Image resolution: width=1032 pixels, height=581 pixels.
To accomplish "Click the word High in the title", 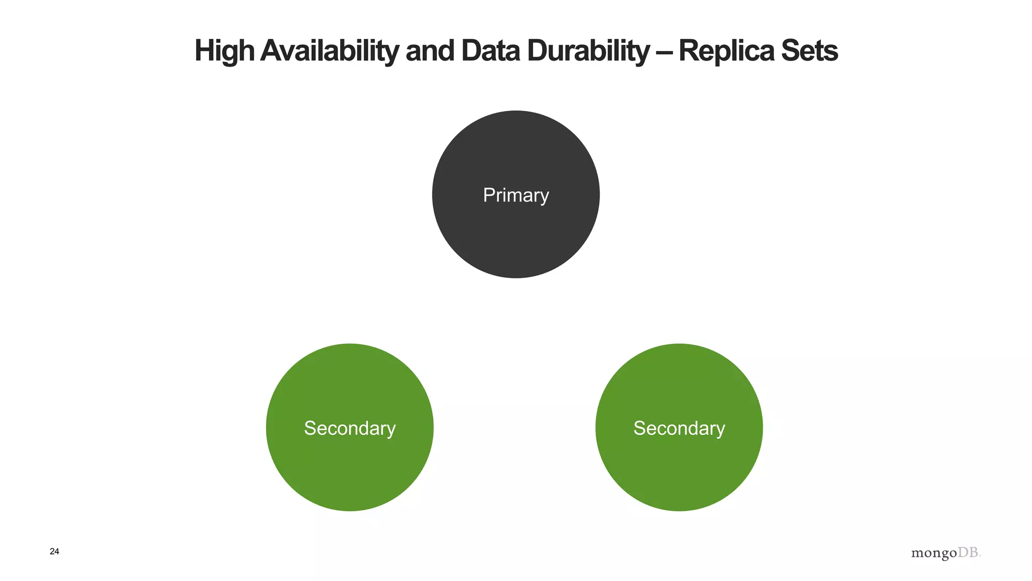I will pyautogui.click(x=224, y=51).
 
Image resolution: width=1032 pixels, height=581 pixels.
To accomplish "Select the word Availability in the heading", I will pyautogui.click(x=330, y=51).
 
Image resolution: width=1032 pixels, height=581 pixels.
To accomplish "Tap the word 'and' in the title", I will pyautogui.click(x=430, y=51).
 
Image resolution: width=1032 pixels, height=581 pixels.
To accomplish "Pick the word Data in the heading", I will pyautogui.click(x=490, y=51).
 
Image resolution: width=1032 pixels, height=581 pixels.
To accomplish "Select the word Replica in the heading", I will pyautogui.click(x=726, y=51).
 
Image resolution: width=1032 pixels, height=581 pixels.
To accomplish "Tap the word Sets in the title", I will pyautogui.click(x=809, y=51).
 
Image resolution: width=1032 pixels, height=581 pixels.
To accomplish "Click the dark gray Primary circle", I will pyautogui.click(x=515, y=237).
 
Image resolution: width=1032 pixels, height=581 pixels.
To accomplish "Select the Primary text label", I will pyautogui.click(x=515, y=195).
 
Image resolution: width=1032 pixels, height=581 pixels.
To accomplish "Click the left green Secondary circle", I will pyautogui.click(x=349, y=469).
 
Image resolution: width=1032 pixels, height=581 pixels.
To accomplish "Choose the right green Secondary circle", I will pyautogui.click(x=679, y=469).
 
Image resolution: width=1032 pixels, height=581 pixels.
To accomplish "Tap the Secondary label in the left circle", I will pyautogui.click(x=349, y=428).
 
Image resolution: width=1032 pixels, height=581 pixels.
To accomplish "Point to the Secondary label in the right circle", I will pyautogui.click(x=679, y=428).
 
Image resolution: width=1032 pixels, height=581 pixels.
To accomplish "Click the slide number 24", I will pyautogui.click(x=54, y=552).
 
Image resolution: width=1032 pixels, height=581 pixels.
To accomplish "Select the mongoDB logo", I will pyautogui.click(x=946, y=553).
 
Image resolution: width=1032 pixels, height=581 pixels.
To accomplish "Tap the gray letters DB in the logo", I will pyautogui.click(x=968, y=553).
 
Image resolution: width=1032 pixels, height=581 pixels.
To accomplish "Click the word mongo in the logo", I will pyautogui.click(x=934, y=554).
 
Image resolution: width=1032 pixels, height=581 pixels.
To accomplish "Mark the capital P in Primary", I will pyautogui.click(x=489, y=195).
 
